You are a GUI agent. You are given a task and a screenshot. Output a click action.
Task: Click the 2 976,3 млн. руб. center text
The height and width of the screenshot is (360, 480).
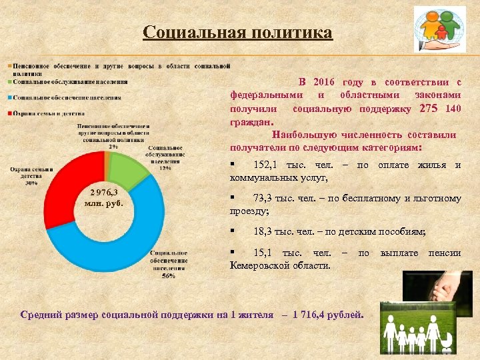106,198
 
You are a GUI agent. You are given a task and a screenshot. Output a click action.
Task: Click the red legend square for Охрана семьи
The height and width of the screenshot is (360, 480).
9,113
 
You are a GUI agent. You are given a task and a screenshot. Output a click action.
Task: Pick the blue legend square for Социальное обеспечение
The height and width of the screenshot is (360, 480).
9,97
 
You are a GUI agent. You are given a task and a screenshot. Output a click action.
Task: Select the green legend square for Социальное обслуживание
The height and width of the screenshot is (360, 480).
9,82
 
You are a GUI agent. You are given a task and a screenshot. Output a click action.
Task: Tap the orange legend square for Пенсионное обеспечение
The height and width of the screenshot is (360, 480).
9,66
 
